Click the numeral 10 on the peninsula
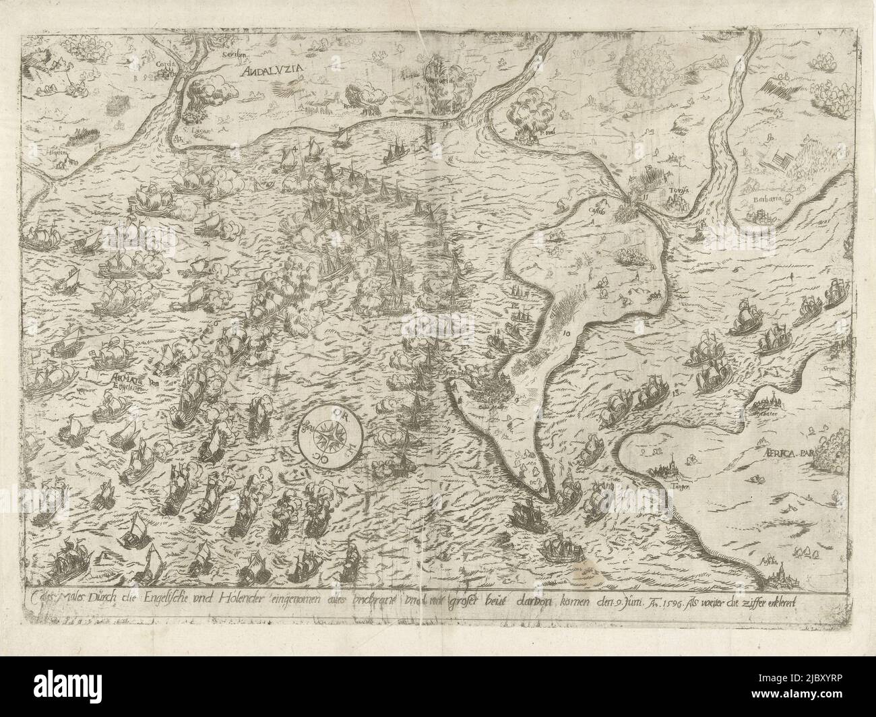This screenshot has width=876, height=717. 565,333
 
